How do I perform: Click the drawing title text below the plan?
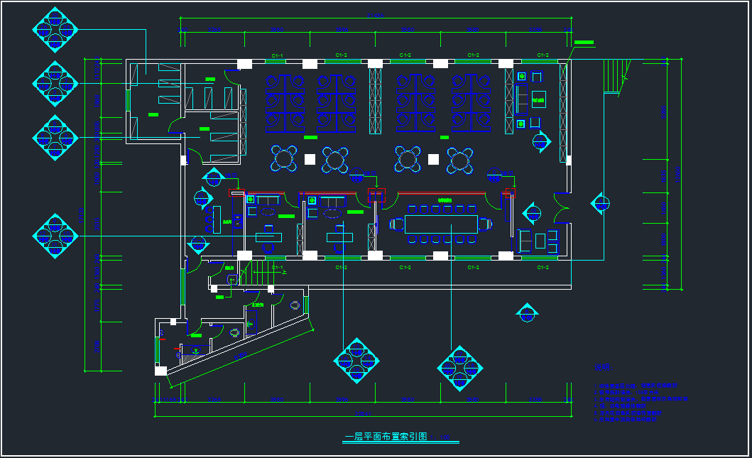(386, 437)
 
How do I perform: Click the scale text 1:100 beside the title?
(441, 438)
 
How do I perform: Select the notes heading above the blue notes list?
(601, 367)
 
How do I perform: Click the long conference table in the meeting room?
(442, 224)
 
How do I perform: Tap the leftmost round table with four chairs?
(284, 158)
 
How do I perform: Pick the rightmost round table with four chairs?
(460, 160)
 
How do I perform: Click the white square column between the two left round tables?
(309, 158)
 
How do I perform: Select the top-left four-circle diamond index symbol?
(55, 29)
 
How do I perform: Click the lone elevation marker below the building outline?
(527, 312)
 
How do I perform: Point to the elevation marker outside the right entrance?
(601, 204)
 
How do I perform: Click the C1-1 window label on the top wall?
(278, 55)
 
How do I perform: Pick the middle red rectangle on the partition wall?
(376, 195)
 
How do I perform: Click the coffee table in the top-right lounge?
(539, 98)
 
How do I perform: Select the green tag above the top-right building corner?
(584, 43)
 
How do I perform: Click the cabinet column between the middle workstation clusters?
(375, 99)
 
